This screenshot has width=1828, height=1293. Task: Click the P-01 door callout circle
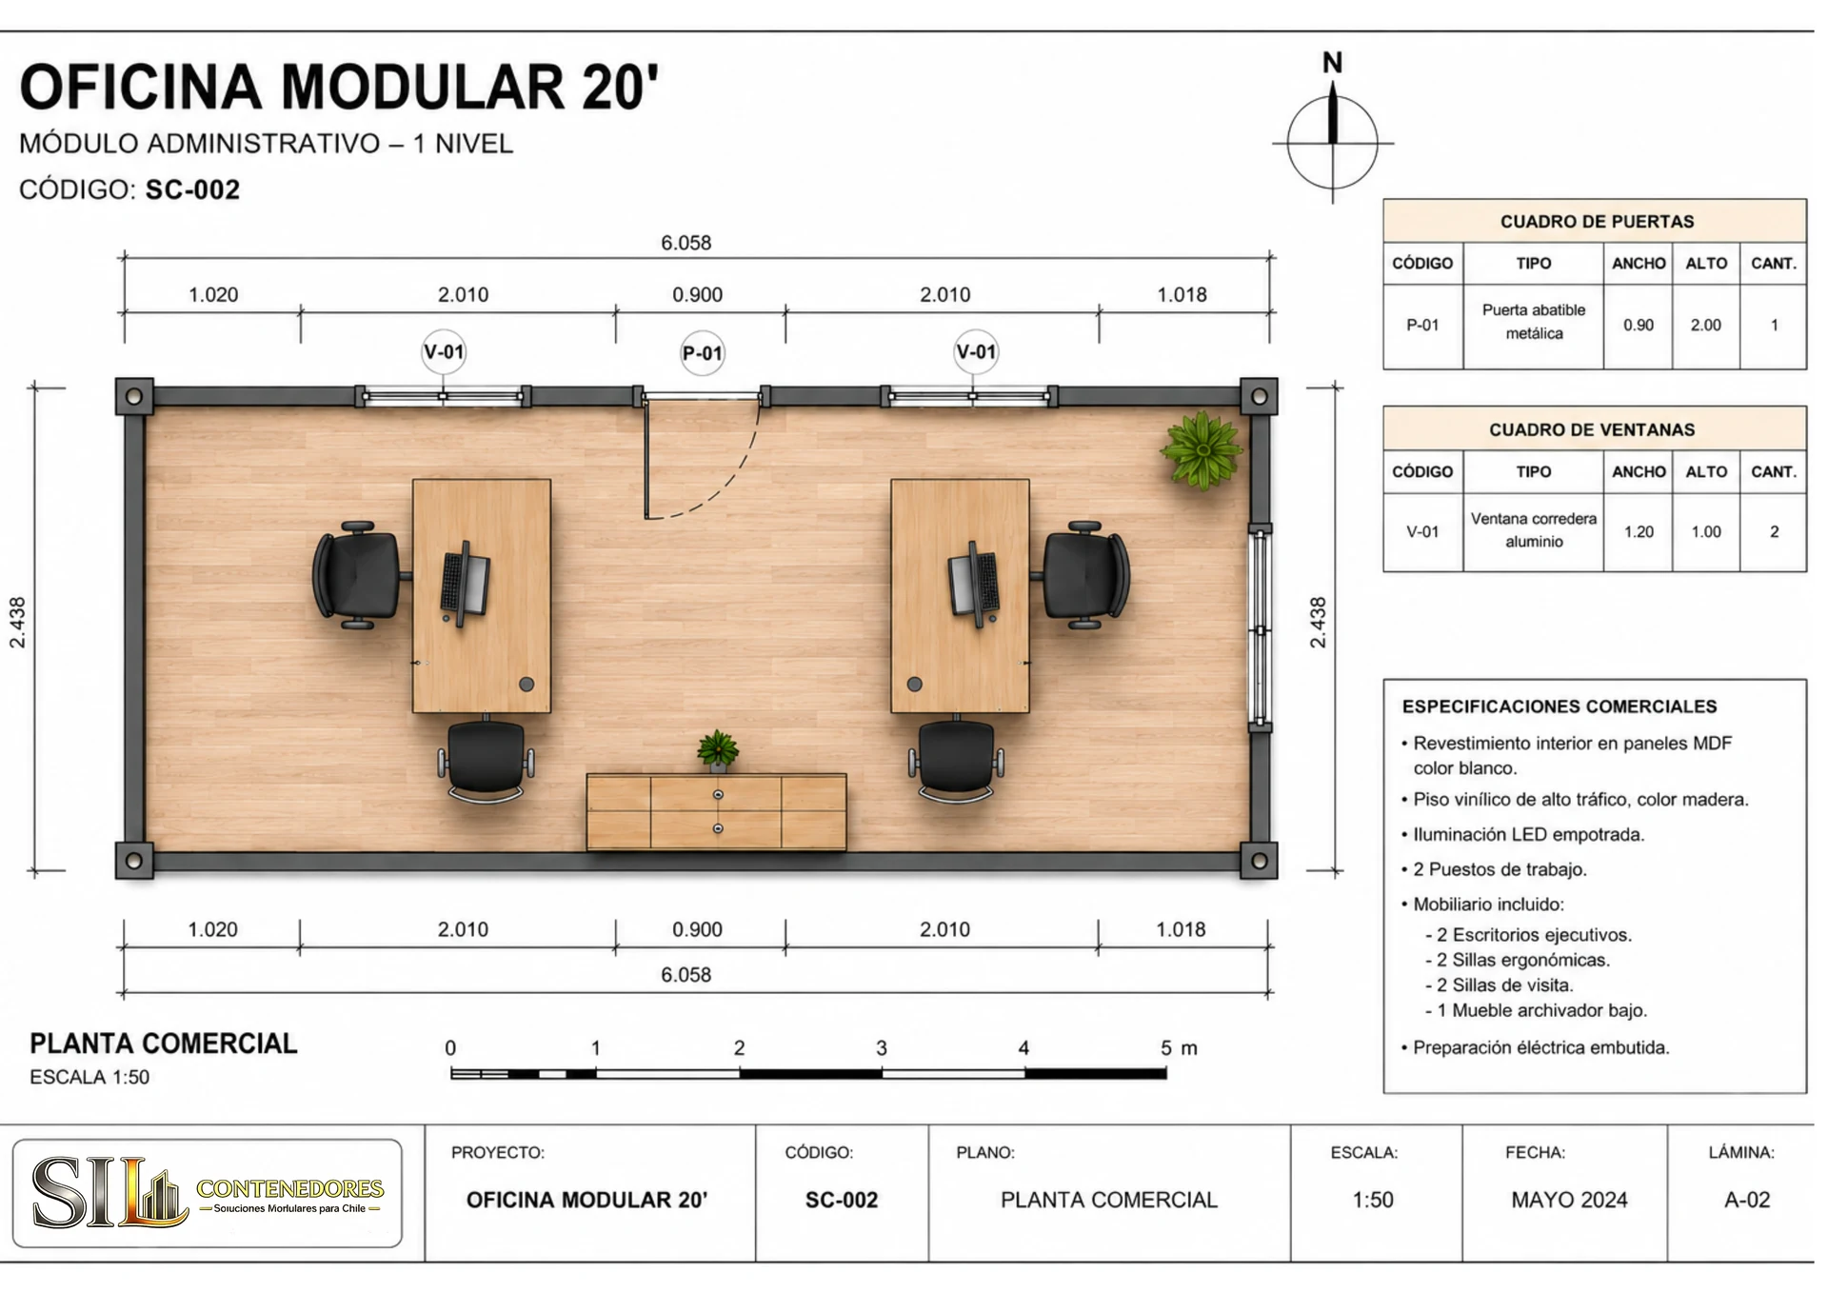click(702, 353)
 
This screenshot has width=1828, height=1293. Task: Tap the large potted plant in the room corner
click(1202, 450)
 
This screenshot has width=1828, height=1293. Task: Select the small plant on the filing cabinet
click(718, 748)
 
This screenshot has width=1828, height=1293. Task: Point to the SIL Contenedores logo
click(208, 1193)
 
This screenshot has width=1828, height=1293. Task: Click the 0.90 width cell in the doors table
click(1639, 325)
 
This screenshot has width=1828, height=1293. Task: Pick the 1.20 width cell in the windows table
click(1639, 531)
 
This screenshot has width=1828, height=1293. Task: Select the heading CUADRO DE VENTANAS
click(1592, 429)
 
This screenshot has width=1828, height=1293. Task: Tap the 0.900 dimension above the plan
click(697, 294)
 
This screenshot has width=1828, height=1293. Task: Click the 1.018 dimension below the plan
click(1181, 929)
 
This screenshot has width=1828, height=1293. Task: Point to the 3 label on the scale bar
click(882, 1048)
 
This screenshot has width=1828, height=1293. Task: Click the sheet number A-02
click(1747, 1200)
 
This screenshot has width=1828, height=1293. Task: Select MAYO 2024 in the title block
click(1569, 1200)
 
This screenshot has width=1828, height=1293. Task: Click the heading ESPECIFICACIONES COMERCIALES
click(1560, 706)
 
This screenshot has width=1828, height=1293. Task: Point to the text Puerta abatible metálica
click(1534, 322)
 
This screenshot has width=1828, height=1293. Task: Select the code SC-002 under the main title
click(192, 189)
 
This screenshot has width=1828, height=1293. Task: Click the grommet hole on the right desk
click(914, 684)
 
